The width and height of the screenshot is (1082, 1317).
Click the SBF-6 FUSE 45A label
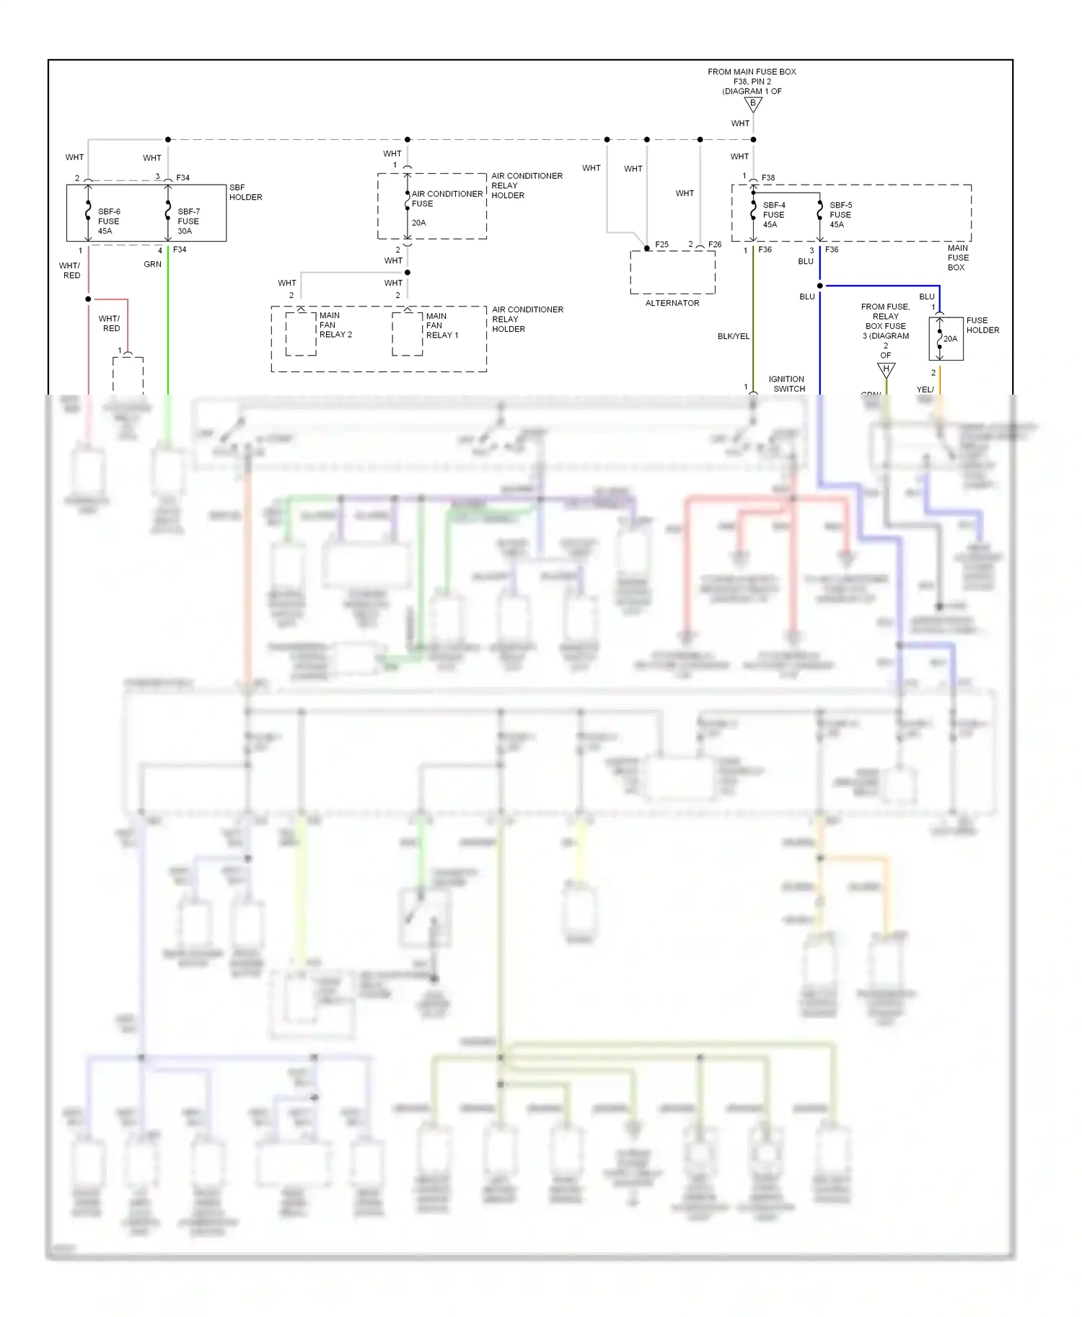click(x=108, y=221)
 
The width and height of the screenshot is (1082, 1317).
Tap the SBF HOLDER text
click(x=245, y=192)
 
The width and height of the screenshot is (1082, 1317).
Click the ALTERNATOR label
click(x=672, y=303)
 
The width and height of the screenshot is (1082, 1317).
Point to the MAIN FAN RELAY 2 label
click(x=335, y=325)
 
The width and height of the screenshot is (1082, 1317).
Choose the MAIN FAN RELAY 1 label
click(x=441, y=325)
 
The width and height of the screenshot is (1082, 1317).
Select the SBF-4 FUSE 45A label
click(x=773, y=215)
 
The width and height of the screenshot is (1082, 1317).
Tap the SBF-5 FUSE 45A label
click(x=840, y=215)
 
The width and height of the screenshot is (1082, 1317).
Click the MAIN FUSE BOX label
click(x=958, y=257)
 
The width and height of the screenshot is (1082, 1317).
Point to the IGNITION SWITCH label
click(x=788, y=384)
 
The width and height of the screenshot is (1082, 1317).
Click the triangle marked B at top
click(x=753, y=105)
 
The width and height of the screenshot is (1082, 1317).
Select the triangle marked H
click(x=886, y=370)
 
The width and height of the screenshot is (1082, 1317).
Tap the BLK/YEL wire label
click(x=733, y=336)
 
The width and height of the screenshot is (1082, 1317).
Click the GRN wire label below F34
click(x=152, y=264)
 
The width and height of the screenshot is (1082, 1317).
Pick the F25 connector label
click(x=661, y=245)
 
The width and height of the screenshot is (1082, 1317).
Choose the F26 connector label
click(x=714, y=245)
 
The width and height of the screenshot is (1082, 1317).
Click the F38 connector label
click(x=767, y=177)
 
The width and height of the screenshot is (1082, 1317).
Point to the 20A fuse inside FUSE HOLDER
click(x=949, y=338)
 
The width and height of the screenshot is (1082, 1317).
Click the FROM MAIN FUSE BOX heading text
click(x=752, y=72)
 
